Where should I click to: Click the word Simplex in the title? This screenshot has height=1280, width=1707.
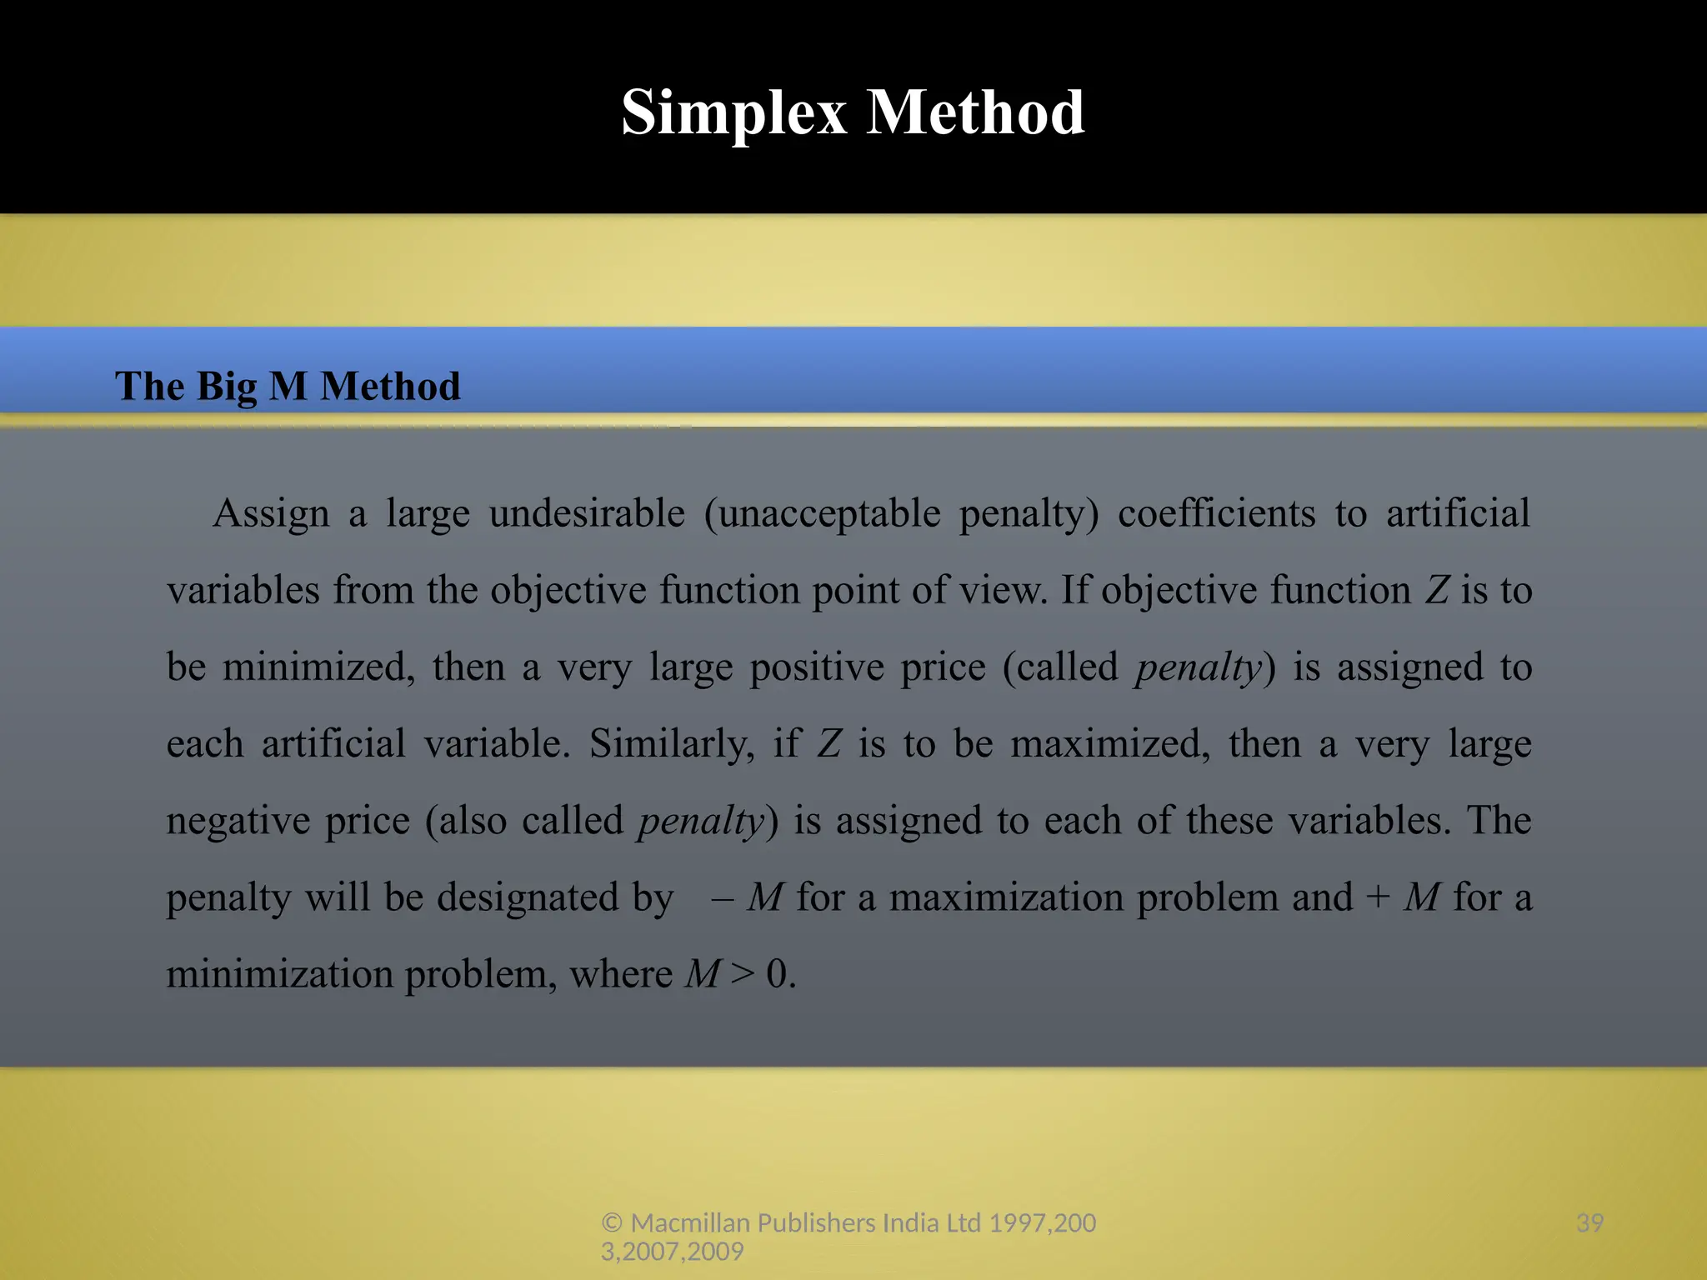(x=733, y=112)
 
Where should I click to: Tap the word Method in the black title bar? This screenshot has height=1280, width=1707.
(x=975, y=112)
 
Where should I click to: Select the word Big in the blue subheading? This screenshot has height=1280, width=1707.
(x=227, y=387)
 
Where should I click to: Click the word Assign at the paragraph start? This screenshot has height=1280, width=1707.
(x=271, y=513)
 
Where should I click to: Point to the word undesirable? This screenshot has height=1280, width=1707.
(x=587, y=513)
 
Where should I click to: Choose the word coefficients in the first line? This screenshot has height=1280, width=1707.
(x=1216, y=513)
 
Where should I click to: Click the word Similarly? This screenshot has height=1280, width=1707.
(x=672, y=743)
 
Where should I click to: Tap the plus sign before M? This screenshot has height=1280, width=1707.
(x=1378, y=897)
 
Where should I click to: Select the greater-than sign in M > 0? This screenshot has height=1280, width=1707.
(x=743, y=974)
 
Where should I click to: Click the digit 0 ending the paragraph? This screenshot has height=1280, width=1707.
(x=777, y=974)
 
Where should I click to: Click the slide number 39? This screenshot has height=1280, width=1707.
(x=1589, y=1222)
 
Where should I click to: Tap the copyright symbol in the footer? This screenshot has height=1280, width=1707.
(x=613, y=1222)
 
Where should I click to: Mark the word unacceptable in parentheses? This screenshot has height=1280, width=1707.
(x=829, y=513)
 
